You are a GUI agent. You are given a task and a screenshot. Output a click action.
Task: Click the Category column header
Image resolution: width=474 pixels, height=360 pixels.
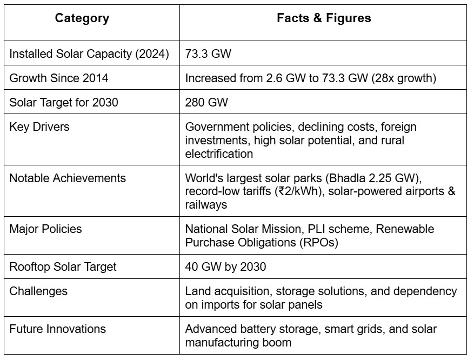(82, 18)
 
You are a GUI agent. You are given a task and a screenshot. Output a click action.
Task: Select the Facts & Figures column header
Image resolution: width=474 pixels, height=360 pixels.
(324, 18)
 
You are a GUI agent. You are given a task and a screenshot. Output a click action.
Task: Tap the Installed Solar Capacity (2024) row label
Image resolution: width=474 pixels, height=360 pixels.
(89, 54)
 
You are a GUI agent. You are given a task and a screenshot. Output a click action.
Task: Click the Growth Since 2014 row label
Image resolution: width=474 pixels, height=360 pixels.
(59, 78)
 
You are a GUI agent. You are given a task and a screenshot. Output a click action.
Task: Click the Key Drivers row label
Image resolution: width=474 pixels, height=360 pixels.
(40, 127)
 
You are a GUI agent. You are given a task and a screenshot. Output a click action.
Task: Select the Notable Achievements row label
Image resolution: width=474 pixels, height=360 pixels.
(68, 178)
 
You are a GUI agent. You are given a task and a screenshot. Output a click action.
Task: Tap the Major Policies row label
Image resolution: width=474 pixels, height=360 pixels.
(46, 229)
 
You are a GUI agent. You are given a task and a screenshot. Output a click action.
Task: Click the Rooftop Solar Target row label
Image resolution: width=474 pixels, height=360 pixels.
(63, 266)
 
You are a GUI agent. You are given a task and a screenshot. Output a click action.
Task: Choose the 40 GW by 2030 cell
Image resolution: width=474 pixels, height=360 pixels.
(226, 266)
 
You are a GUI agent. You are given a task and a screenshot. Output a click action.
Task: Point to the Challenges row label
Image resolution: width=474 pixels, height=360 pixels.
(39, 291)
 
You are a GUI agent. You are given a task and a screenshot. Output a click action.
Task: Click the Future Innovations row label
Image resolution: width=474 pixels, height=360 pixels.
(58, 329)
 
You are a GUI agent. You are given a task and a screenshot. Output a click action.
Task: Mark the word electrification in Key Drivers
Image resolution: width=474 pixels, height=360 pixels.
(219, 154)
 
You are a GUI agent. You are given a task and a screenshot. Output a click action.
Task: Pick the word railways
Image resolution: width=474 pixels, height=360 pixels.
(206, 204)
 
